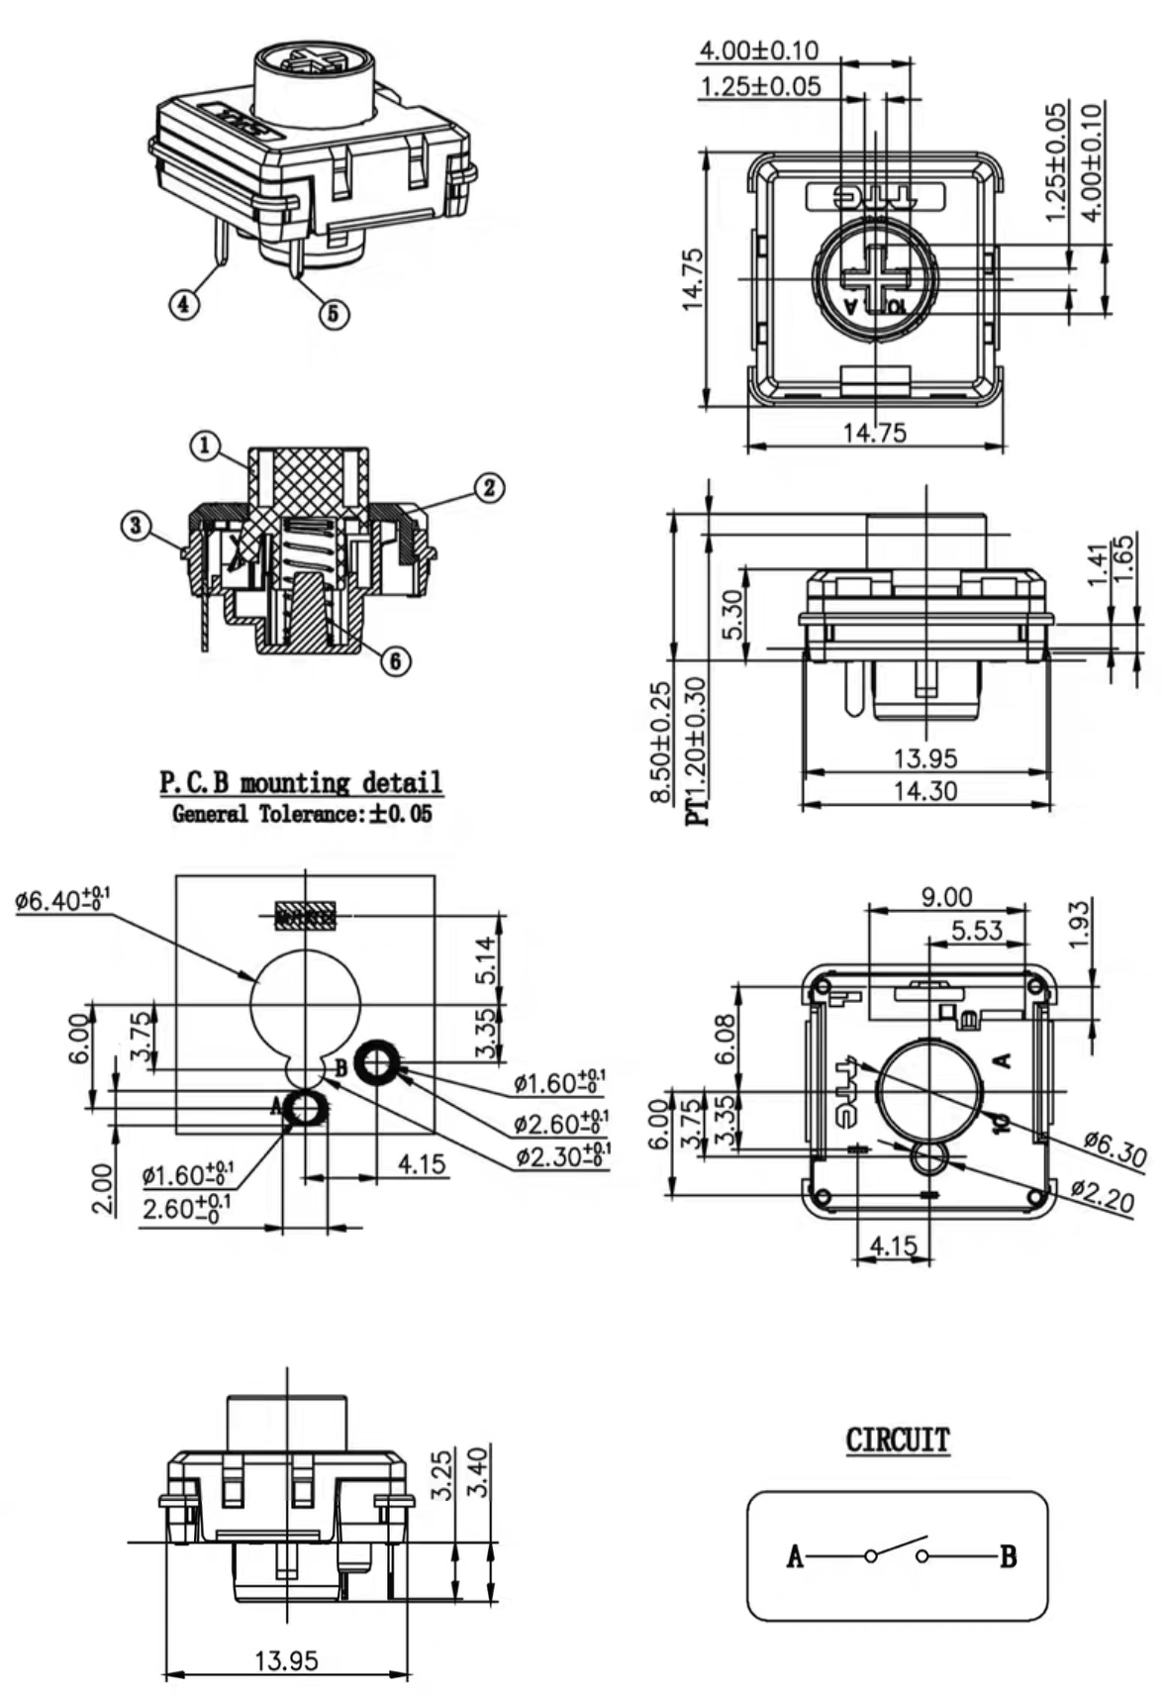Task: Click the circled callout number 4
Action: coord(183,304)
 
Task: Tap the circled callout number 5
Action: coord(334,313)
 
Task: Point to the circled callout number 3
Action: coord(137,525)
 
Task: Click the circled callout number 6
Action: coord(396,660)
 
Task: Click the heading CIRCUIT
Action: coord(897,1440)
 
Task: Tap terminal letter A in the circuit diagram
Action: coord(794,1557)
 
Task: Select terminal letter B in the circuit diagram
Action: coord(1008,1557)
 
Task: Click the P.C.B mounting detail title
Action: coord(301,783)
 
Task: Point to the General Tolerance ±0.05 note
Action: coord(302,815)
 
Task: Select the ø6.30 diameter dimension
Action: coord(1115,1150)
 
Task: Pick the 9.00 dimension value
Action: coord(946,897)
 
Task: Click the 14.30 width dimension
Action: coord(925,791)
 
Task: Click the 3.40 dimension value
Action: coord(477,1473)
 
